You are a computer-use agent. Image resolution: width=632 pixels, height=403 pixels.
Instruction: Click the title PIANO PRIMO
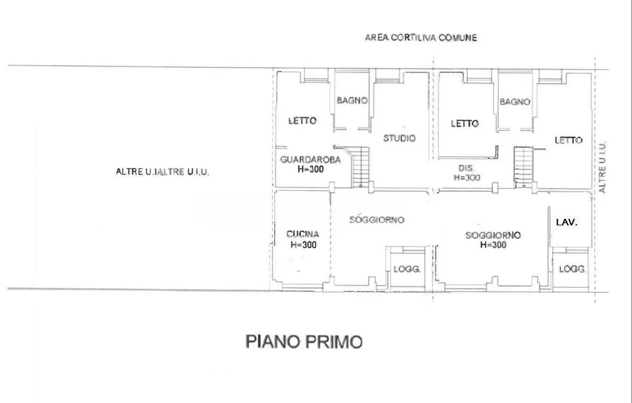(x=304, y=342)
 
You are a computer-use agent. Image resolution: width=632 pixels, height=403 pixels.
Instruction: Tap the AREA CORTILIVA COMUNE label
(x=421, y=38)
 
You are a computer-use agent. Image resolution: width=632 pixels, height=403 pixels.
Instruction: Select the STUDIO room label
(x=399, y=138)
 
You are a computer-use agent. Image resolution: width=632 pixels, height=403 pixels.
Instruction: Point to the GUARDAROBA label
(x=310, y=160)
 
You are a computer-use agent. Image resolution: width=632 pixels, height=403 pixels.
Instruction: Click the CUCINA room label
(x=302, y=234)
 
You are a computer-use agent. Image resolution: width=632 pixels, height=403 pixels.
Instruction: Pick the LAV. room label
(x=567, y=222)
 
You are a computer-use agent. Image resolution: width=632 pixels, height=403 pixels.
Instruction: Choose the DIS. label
(x=467, y=168)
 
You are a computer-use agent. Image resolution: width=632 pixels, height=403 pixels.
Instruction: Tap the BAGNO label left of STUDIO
(x=352, y=100)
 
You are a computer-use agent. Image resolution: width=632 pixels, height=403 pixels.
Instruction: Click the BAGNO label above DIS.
(x=515, y=102)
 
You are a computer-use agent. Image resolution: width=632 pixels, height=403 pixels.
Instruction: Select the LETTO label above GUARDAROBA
(x=302, y=120)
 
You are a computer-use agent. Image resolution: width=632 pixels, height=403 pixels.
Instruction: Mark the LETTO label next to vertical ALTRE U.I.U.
(x=568, y=140)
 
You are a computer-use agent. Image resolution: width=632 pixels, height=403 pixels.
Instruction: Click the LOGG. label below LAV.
(x=572, y=269)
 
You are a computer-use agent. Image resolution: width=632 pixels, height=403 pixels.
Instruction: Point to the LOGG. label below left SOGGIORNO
(x=407, y=269)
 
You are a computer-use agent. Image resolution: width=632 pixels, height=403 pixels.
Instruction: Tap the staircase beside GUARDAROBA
(x=360, y=166)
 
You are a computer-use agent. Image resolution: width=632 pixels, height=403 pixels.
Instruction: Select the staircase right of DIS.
(x=523, y=167)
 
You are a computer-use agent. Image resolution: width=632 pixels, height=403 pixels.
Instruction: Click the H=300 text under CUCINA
(x=304, y=244)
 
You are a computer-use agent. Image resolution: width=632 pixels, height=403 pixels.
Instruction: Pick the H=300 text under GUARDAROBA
(x=310, y=169)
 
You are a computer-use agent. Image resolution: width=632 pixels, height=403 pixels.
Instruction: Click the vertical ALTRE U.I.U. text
(x=602, y=167)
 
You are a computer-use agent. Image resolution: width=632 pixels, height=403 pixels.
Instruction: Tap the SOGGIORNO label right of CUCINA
(x=376, y=220)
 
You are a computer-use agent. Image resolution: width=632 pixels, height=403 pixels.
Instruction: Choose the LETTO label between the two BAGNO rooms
(x=464, y=123)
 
